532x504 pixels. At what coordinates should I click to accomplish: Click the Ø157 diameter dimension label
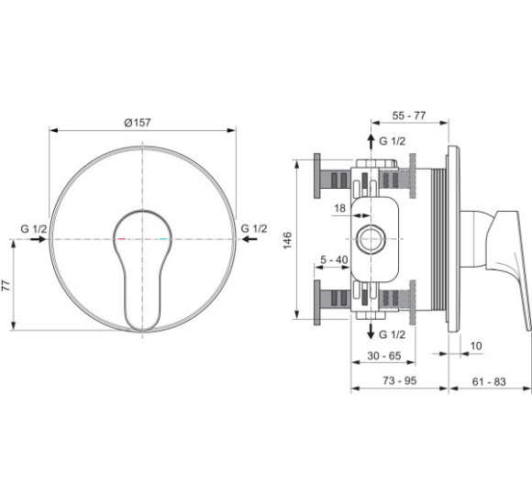pyautogui.click(x=138, y=123)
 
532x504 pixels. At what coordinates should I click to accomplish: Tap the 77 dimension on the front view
pyautogui.click(x=6, y=286)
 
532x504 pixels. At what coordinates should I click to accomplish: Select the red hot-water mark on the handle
pyautogui.click(x=121, y=239)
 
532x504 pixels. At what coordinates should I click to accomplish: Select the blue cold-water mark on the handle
pyautogui.click(x=163, y=239)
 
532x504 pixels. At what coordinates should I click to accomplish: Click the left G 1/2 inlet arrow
pyautogui.click(x=38, y=239)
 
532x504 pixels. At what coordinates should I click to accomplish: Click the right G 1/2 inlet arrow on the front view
pyautogui.click(x=249, y=239)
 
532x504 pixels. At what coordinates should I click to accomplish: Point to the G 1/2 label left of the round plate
pyautogui.click(x=34, y=229)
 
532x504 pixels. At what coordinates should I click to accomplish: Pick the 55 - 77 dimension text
pyautogui.click(x=409, y=115)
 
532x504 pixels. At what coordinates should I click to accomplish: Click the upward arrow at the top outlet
pyautogui.click(x=371, y=142)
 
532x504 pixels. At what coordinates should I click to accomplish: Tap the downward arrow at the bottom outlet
pyautogui.click(x=371, y=331)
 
